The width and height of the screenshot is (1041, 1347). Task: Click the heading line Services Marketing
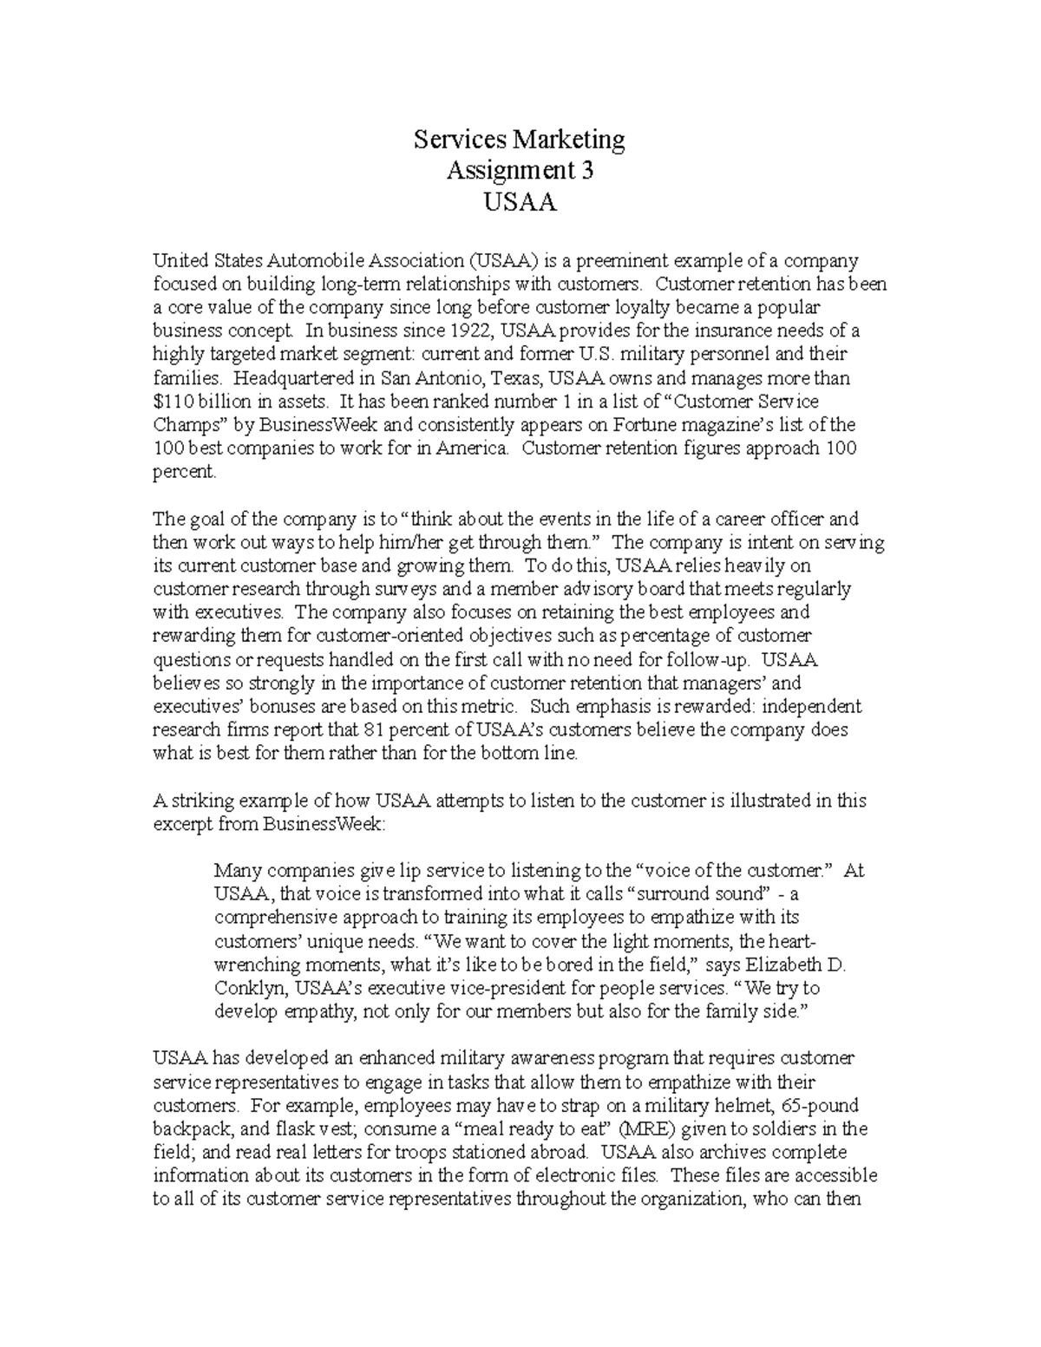coord(519,139)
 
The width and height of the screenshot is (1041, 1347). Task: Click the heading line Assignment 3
coord(520,171)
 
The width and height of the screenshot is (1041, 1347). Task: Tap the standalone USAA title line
coord(520,203)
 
